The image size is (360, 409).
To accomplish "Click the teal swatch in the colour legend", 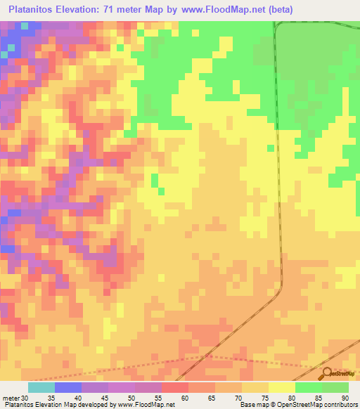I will coord(41,387).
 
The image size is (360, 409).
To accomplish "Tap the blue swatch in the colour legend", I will coord(67,387).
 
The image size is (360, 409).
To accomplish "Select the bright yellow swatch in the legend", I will coord(281,387).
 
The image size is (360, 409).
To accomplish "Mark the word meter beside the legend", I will coord(9,398).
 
